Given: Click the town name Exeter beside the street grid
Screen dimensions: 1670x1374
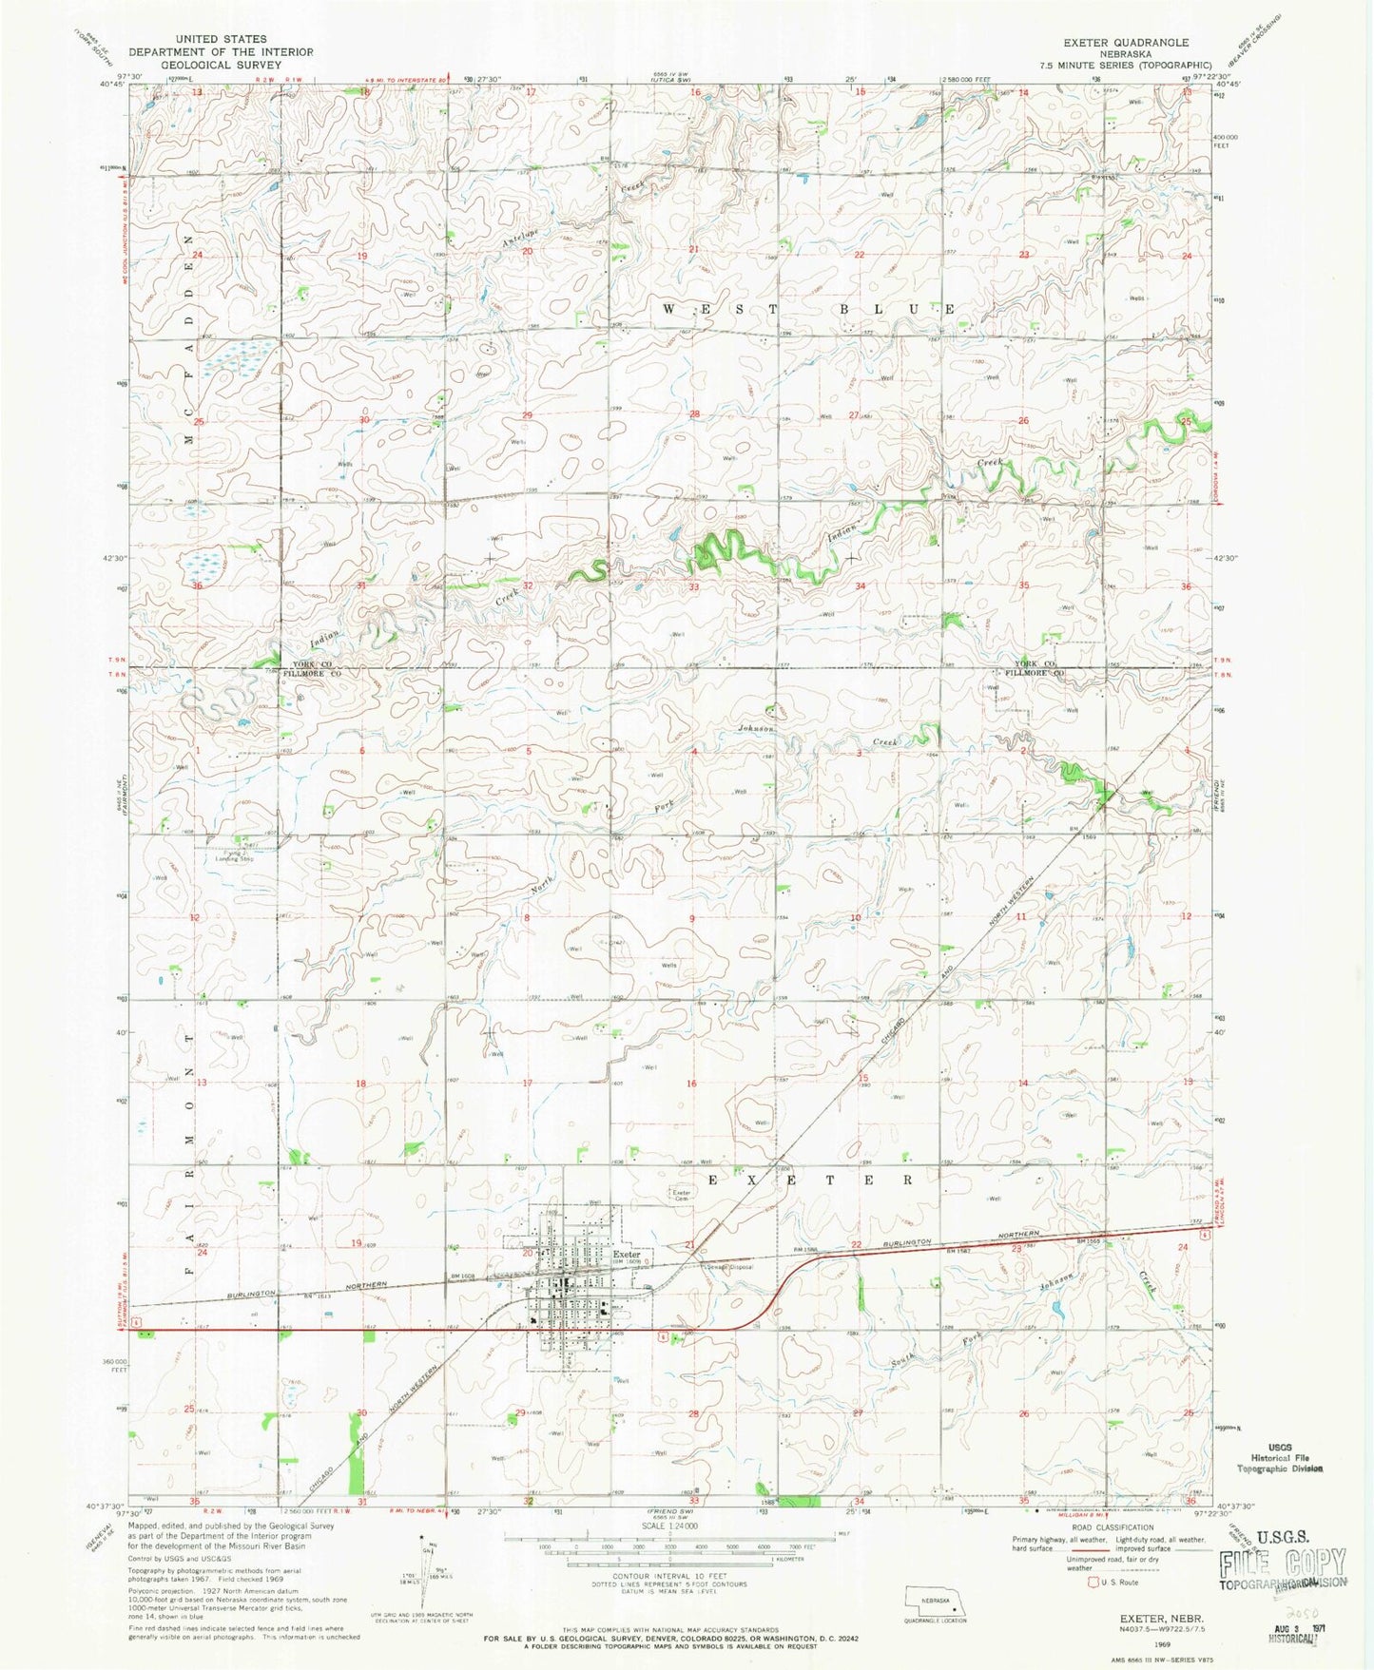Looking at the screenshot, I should coord(627,1254).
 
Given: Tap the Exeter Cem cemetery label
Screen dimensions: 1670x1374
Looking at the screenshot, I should coord(681,1195).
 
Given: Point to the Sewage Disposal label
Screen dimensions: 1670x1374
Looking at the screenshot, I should coord(729,1266).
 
